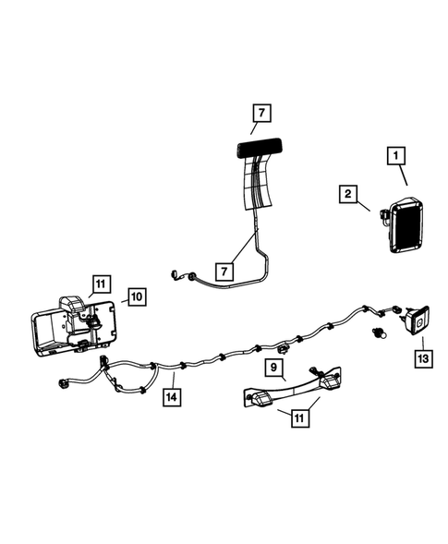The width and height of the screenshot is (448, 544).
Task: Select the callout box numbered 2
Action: (348, 194)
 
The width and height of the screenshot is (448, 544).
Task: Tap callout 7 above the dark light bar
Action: (261, 115)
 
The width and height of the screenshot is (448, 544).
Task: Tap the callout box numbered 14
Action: (171, 398)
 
